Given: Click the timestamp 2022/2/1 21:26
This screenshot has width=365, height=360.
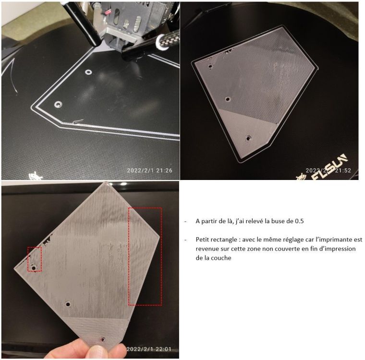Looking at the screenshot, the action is [150, 170].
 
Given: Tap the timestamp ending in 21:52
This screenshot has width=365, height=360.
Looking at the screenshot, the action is [328, 170].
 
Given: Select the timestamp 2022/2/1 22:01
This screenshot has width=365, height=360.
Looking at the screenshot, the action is [149, 349].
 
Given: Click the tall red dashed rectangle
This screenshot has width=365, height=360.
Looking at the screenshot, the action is [129, 256].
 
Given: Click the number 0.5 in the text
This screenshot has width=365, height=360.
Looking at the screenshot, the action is [299, 221].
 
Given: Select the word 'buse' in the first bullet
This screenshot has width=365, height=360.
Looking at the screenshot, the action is [278, 221].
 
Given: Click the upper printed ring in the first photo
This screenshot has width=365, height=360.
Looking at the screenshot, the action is [88, 72].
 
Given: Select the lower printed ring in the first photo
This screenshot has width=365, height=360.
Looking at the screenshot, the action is [58, 104].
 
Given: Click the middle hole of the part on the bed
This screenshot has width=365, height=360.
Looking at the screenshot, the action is [228, 99].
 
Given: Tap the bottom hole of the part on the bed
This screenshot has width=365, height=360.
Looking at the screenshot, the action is [249, 138].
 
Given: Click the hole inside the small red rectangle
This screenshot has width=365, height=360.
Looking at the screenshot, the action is [34, 268].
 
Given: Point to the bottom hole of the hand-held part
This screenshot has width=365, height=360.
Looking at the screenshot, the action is [102, 339].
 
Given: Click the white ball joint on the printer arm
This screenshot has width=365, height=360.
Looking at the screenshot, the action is [161, 42].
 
